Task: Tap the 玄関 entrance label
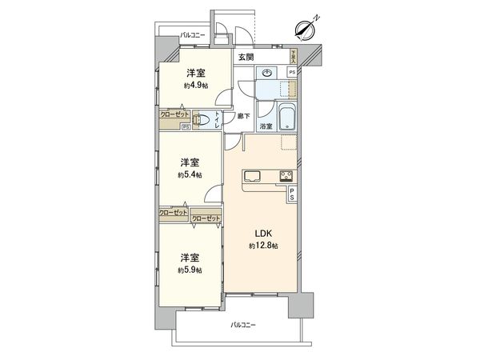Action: click(246, 58)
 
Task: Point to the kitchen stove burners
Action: click(285, 176)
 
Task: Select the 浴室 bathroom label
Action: click(265, 126)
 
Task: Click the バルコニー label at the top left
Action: click(193, 34)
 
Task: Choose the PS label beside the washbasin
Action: click(292, 73)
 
